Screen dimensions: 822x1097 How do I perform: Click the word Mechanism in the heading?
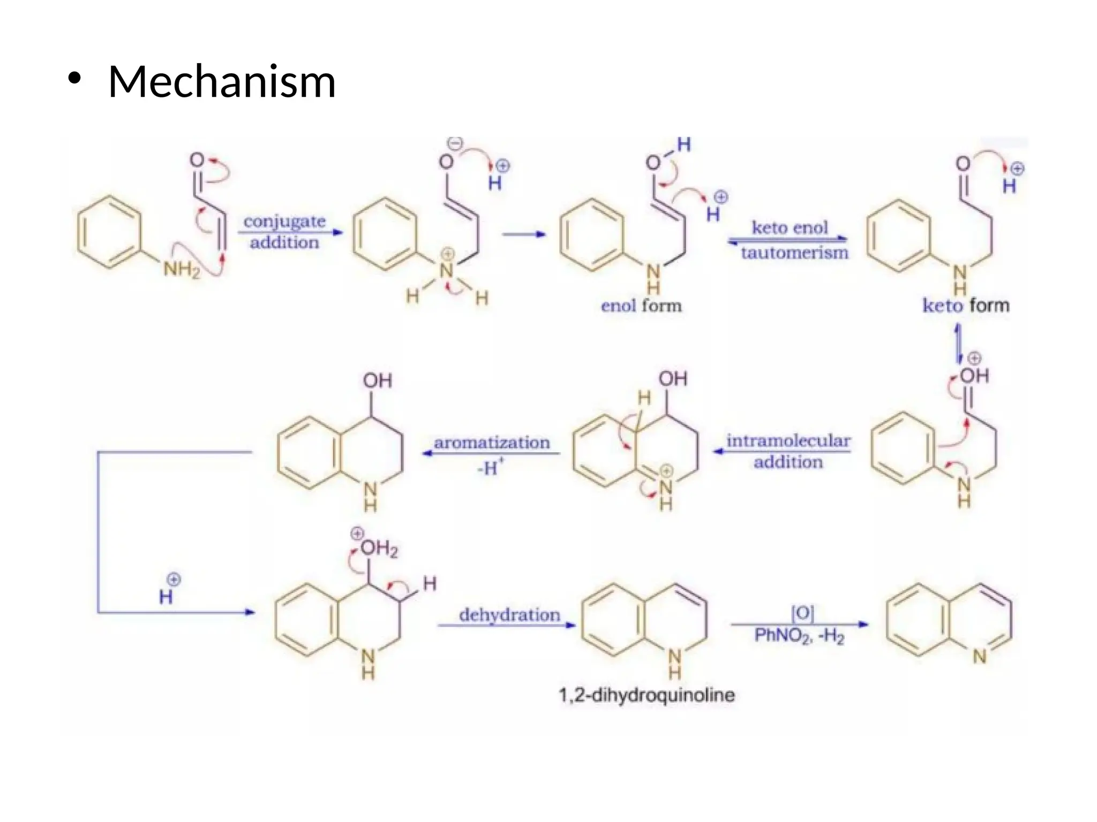(222, 81)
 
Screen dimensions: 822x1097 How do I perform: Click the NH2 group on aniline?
(181, 269)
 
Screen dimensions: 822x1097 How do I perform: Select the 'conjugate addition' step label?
(284, 232)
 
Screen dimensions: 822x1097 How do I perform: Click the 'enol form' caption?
(641, 306)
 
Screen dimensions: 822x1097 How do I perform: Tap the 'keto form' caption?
(965, 305)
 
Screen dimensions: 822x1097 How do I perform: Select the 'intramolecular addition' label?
(788, 451)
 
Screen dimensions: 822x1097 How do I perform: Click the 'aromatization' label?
(492, 443)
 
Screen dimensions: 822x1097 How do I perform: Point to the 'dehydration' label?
(509, 615)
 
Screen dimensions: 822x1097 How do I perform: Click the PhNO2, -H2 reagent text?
(799, 636)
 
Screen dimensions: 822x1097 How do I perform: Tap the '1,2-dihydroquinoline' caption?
(647, 695)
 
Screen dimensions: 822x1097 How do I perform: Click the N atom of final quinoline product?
(980, 656)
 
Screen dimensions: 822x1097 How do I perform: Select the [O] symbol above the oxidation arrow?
(802, 613)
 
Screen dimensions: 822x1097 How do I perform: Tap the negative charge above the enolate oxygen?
(455, 143)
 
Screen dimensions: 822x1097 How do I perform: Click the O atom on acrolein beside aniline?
(197, 160)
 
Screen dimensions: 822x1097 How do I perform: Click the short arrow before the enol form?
(523, 234)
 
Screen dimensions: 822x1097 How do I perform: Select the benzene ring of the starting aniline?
(110, 232)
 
